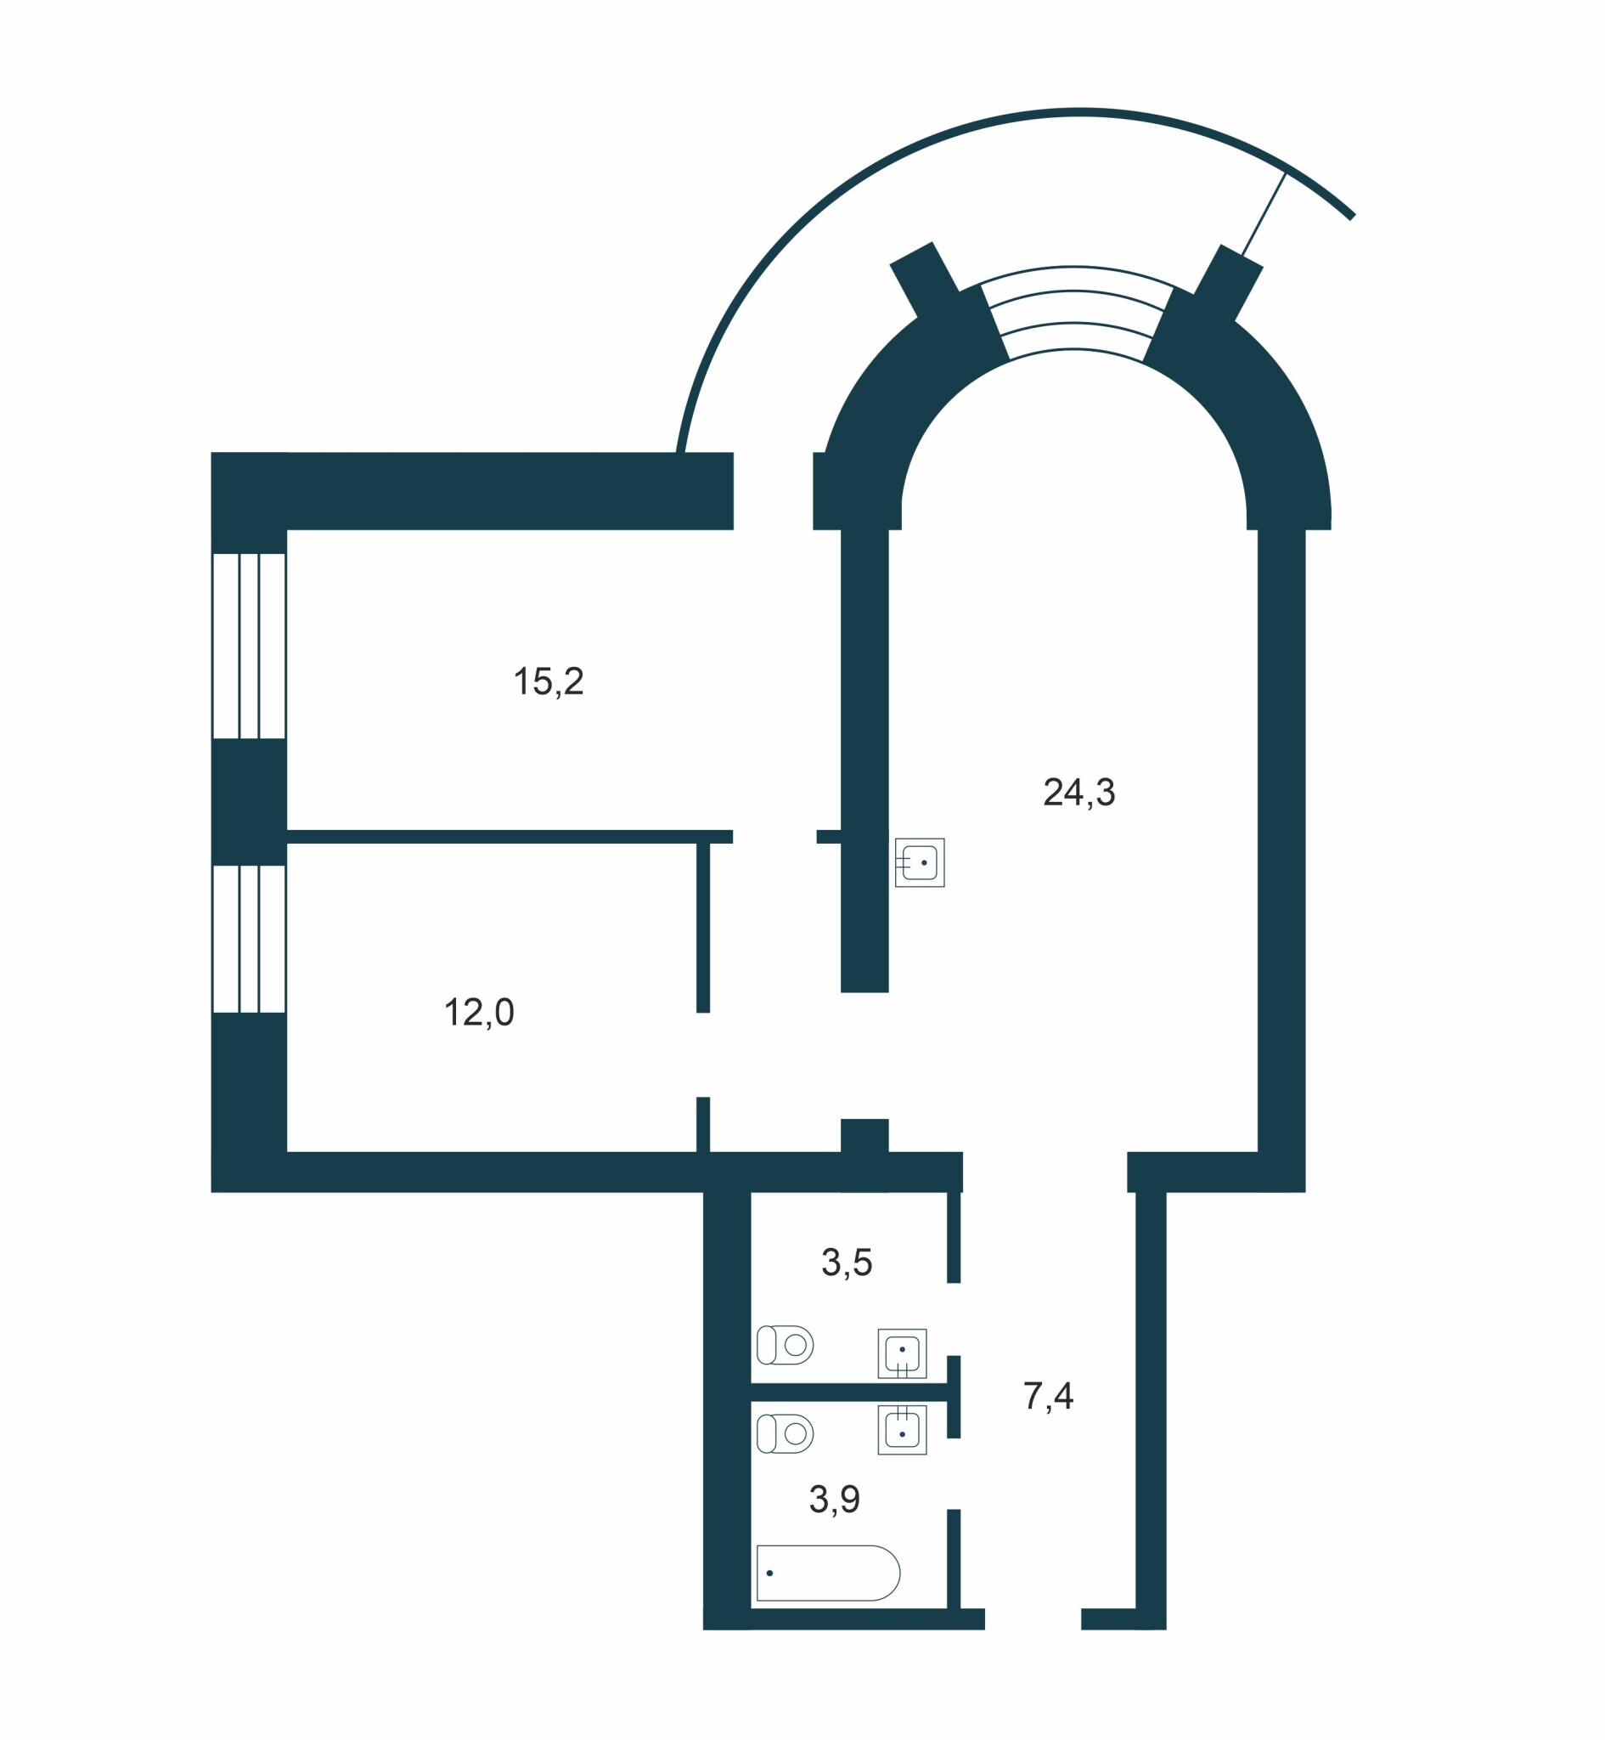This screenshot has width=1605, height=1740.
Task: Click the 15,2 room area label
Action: [x=549, y=682]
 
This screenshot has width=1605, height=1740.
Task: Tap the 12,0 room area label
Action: [x=480, y=1012]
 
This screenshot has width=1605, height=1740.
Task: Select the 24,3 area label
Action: [x=1078, y=791]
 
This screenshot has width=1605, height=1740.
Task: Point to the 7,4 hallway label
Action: [x=1048, y=1396]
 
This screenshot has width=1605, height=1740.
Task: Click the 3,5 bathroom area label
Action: [x=847, y=1263]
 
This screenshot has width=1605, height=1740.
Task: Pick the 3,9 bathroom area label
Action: [x=835, y=1500]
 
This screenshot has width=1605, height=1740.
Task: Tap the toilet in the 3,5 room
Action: [x=786, y=1345]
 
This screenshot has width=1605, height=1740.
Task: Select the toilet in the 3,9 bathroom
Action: [x=786, y=1433]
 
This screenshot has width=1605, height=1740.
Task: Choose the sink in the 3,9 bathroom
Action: [x=903, y=1430]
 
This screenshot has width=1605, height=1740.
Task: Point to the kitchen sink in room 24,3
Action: [x=920, y=862]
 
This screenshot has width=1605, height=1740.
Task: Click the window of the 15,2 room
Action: [x=250, y=646]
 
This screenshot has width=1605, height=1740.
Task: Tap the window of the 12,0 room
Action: [x=250, y=939]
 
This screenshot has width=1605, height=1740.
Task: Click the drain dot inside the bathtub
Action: [x=769, y=1573]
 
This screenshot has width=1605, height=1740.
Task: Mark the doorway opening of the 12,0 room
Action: [x=703, y=1054]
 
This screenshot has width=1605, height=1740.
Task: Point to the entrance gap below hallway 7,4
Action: [x=1033, y=1619]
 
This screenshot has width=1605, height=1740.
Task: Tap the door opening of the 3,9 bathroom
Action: [x=954, y=1473]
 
